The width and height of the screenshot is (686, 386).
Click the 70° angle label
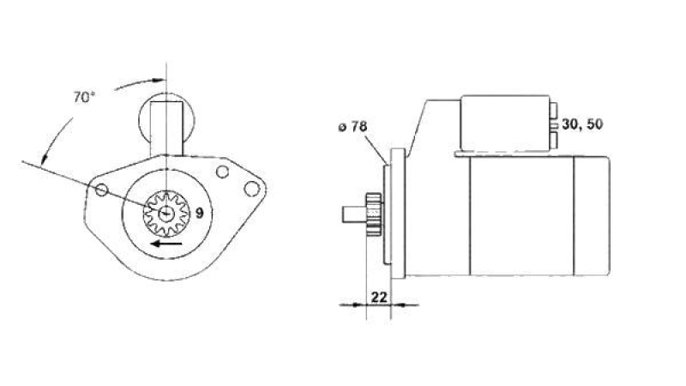click(83, 97)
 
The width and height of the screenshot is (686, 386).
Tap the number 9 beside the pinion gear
click(199, 214)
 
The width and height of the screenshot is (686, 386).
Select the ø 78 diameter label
click(352, 127)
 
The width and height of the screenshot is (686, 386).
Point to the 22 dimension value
click(379, 297)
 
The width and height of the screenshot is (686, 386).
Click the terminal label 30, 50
click(582, 124)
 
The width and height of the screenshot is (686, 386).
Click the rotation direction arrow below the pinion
click(166, 244)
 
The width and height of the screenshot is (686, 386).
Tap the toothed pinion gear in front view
click(166, 214)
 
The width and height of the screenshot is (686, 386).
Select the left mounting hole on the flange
click(101, 190)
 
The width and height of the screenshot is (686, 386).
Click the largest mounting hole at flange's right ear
click(251, 189)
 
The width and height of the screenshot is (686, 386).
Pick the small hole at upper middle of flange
click(222, 172)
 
